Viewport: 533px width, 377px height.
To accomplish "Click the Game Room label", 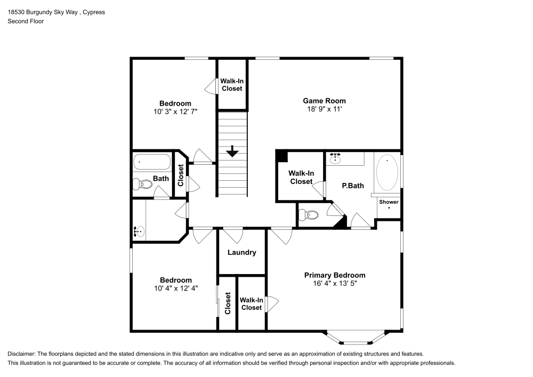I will (324, 101).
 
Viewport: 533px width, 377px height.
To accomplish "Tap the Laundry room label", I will (242, 253).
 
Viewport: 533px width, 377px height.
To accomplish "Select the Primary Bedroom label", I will (335, 275).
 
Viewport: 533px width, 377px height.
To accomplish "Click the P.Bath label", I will (353, 186).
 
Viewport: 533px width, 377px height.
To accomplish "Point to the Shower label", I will (389, 202).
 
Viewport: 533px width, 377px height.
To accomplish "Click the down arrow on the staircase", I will (232, 151).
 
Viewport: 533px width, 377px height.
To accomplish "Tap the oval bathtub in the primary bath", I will (387, 172).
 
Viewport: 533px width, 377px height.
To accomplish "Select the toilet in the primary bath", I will (309, 215).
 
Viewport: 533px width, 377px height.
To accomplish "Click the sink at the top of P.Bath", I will (336, 158).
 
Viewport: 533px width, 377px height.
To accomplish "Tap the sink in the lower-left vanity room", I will (139, 231).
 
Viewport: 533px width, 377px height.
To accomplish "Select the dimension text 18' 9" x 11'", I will (324, 109).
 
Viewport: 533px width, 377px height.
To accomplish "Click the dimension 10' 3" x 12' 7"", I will (175, 112).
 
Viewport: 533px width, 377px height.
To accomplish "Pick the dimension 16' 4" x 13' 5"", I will (335, 284).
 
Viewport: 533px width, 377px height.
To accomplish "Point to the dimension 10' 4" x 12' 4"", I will (175, 288).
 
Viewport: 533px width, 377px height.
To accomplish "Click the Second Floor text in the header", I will (26, 21).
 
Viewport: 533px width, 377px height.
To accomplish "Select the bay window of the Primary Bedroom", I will (356, 337).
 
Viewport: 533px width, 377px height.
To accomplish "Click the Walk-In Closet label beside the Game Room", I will (232, 84).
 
